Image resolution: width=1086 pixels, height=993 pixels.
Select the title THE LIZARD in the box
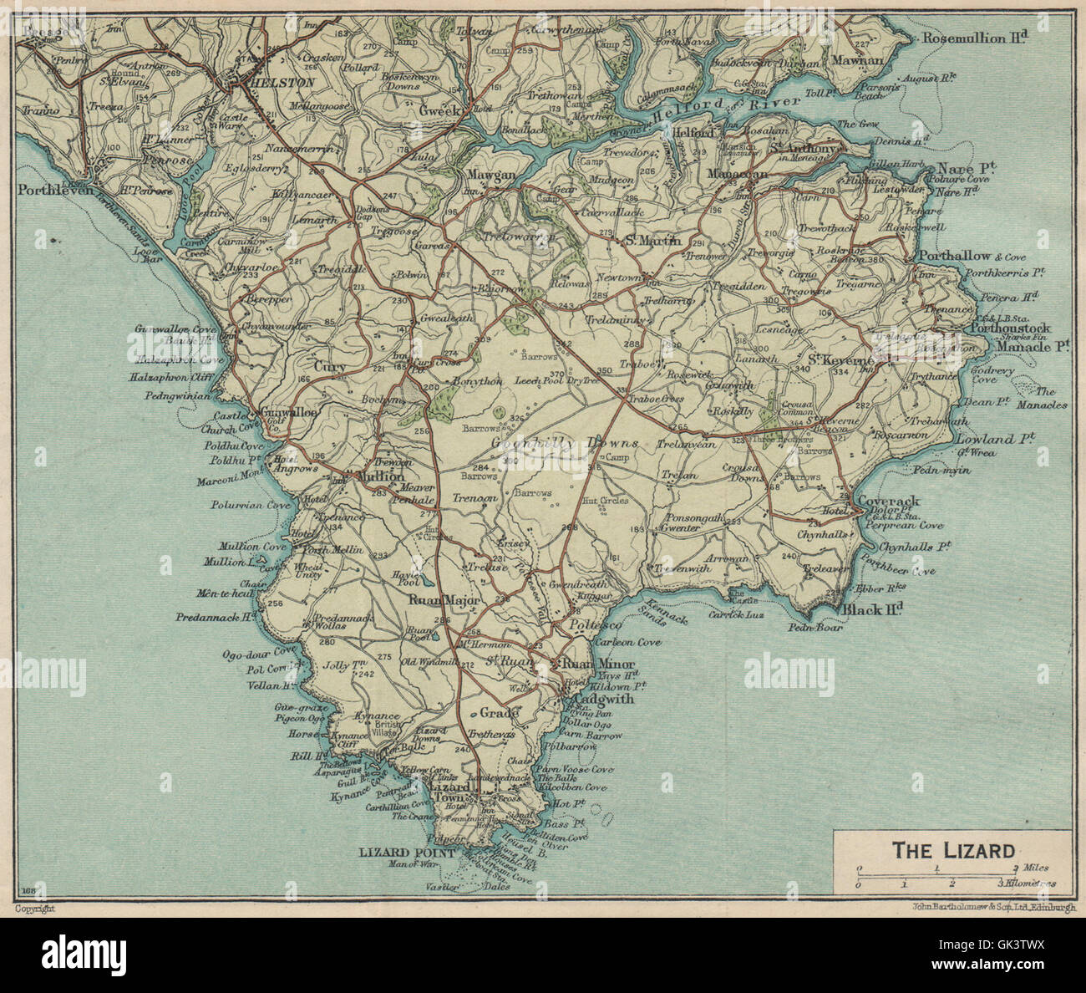pos(953,851)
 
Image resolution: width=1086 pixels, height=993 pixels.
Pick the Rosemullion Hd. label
pos(973,38)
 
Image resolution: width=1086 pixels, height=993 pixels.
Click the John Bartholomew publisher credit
pos(982,907)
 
